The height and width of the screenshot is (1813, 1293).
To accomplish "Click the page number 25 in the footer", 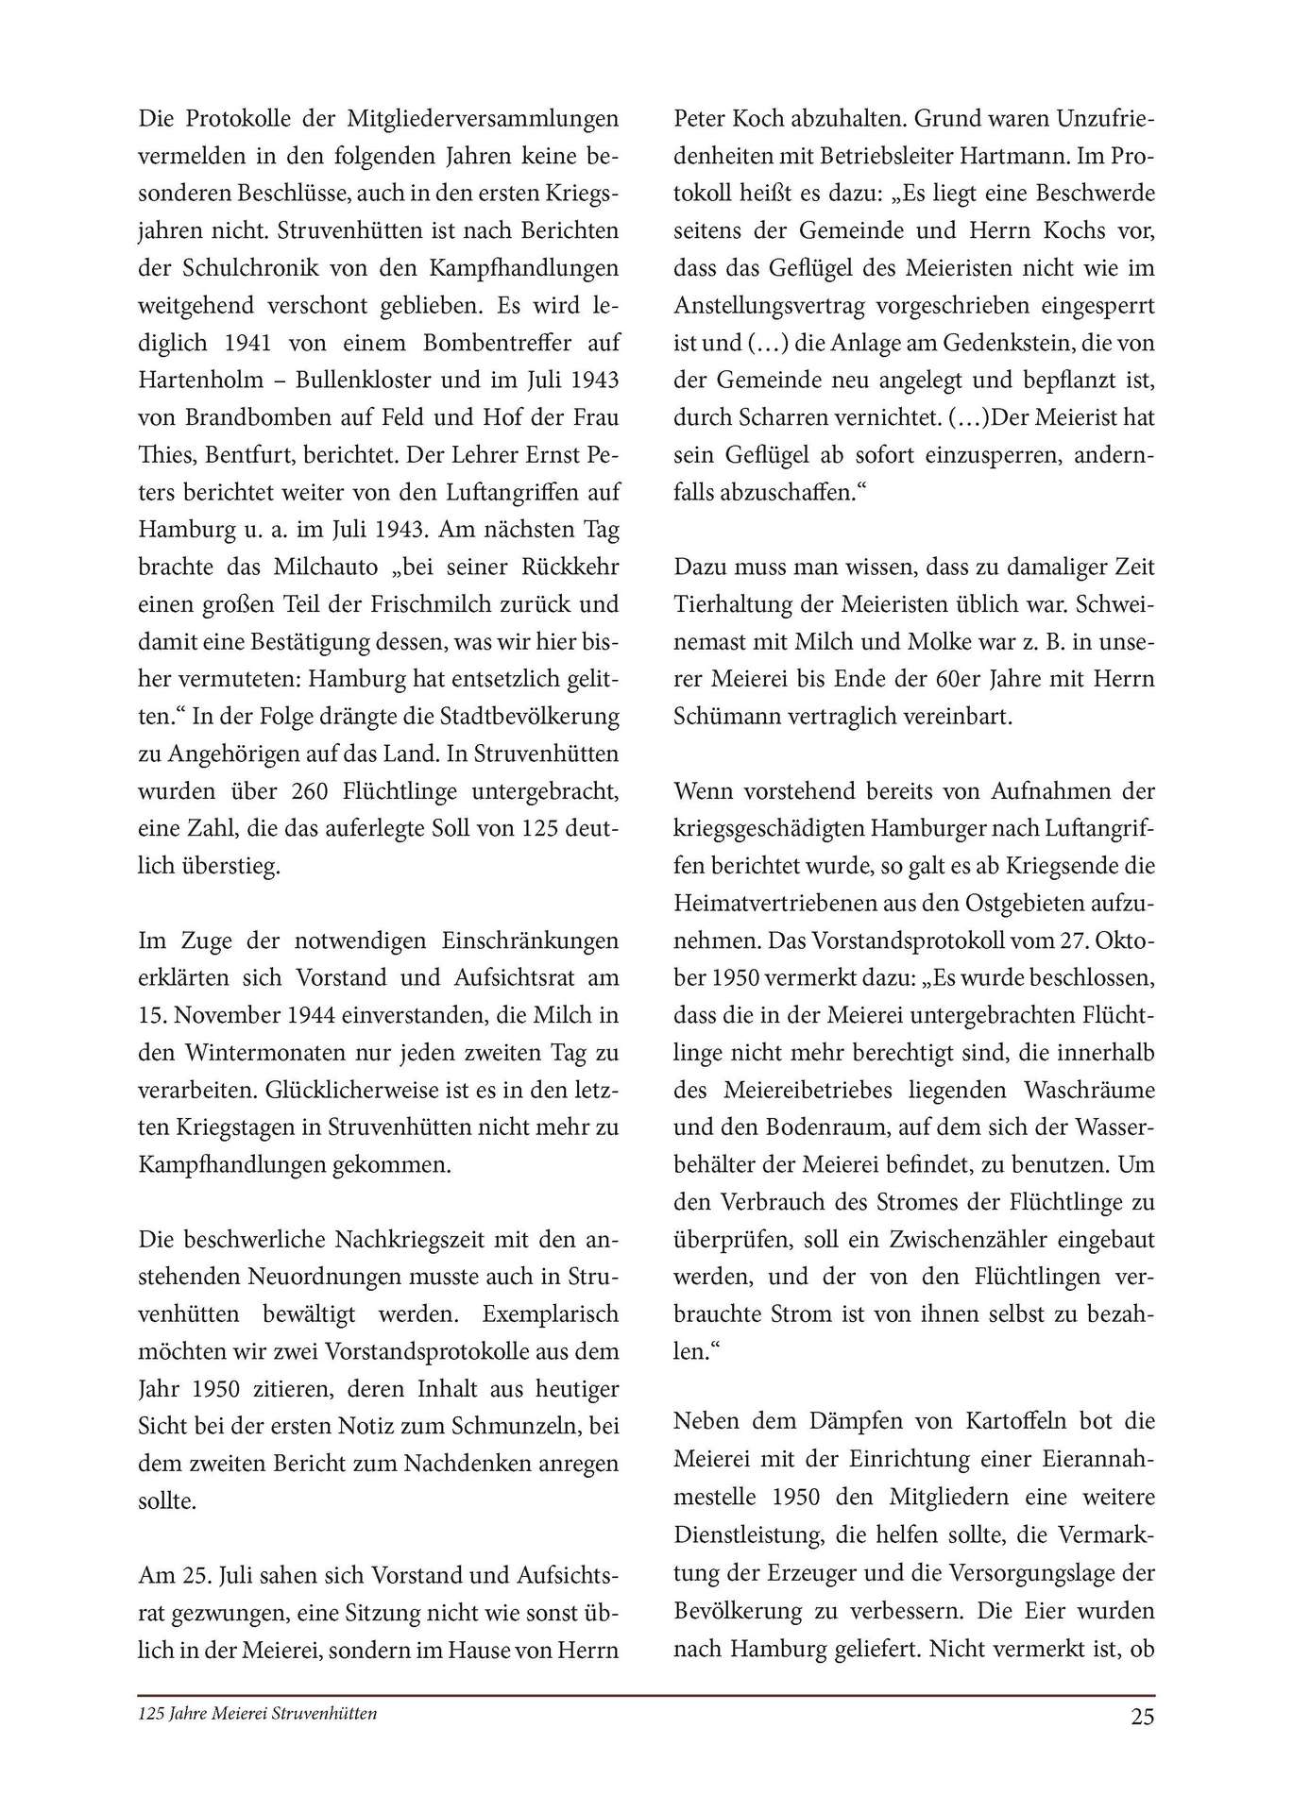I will pyautogui.click(x=1142, y=1717).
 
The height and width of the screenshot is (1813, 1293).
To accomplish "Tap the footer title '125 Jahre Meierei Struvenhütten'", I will pyautogui.click(x=258, y=1713).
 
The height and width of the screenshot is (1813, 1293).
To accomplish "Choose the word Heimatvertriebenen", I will pyautogui.click(x=781, y=903).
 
